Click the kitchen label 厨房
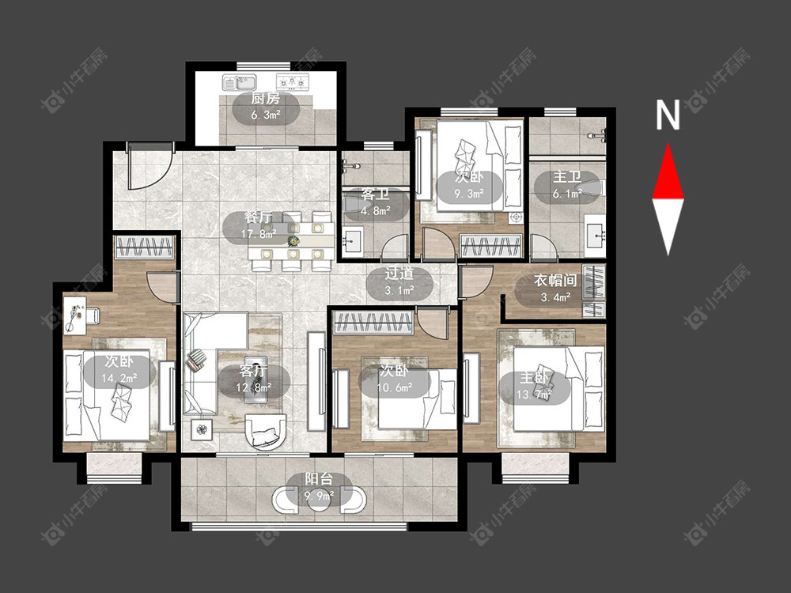265,97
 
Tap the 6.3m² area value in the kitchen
266,115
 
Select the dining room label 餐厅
259,217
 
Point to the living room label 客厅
254,371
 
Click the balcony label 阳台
319,479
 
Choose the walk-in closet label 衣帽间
555,281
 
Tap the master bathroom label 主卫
567,177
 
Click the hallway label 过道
399,274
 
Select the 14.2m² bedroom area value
119,378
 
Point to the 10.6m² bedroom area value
395,387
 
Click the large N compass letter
668,115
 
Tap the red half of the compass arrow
668,171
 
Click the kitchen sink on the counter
240,81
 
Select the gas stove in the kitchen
292,81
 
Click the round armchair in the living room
265,432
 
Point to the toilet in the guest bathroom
354,206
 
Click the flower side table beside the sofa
202,429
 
